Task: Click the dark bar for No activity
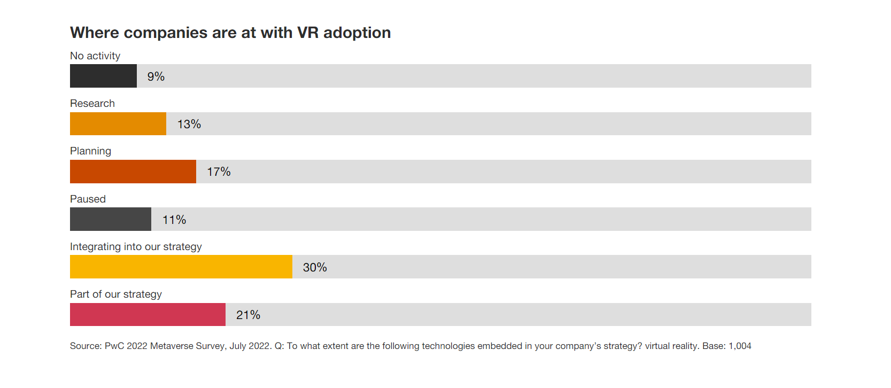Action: [x=103, y=76]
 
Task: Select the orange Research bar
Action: [x=118, y=123]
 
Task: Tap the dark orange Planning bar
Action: [x=133, y=172]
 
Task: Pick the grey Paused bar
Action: [x=111, y=219]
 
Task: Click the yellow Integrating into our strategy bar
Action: [x=181, y=267]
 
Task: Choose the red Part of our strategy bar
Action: [x=148, y=314]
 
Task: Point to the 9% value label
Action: [x=156, y=76]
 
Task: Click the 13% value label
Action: [x=189, y=124]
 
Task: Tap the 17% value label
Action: [x=219, y=172]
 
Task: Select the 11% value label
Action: [x=174, y=220]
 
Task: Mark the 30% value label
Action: [x=315, y=267]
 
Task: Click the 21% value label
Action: [x=248, y=315]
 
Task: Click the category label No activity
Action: [x=95, y=56]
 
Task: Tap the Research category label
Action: [x=92, y=103]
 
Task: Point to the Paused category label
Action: [x=88, y=199]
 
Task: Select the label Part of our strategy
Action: [x=116, y=294]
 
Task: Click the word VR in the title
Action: [x=308, y=33]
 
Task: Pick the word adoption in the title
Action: [x=357, y=33]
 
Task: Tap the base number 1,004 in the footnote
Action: [x=740, y=346]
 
